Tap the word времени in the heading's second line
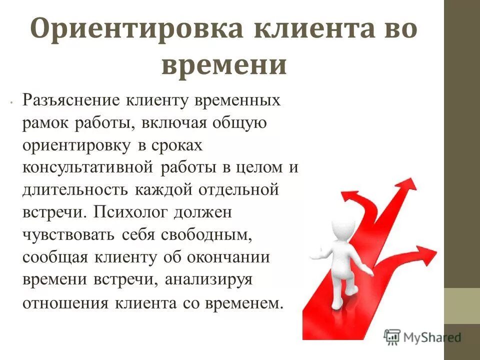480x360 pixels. (224, 65)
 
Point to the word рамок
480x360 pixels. (46, 123)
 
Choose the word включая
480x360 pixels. (176, 123)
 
